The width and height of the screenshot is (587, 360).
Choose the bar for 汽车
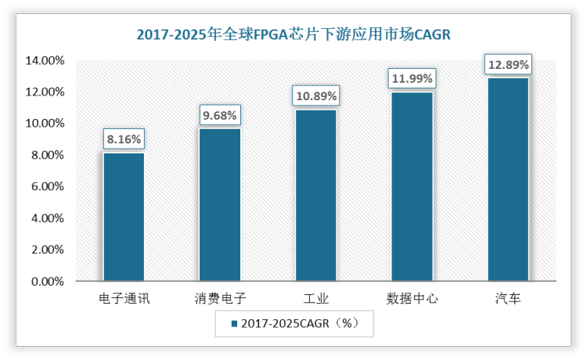(508, 179)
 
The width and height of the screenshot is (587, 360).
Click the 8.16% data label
(124, 139)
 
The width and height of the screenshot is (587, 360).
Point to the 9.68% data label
(219, 115)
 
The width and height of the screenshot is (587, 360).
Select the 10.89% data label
(316, 96)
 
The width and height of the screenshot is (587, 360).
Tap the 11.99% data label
(412, 79)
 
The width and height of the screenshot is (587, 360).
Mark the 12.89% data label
(508, 64)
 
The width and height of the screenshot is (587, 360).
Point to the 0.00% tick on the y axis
(49, 281)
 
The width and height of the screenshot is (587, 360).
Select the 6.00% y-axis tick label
(49, 186)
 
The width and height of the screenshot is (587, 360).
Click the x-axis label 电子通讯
(124, 299)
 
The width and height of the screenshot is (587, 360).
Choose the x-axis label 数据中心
(412, 299)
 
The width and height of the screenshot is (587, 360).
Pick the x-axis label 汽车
(508, 299)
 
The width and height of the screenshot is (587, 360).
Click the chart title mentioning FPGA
(293, 34)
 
